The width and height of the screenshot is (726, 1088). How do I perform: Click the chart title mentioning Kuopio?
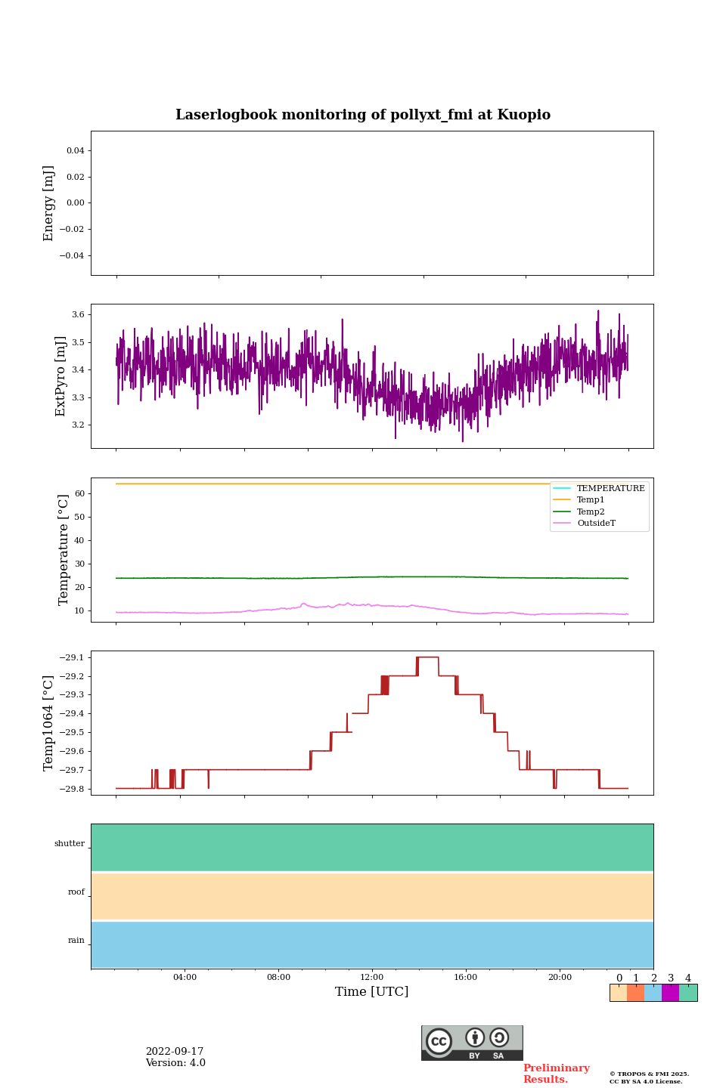click(363, 115)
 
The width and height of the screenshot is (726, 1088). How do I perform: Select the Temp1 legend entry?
click(591, 500)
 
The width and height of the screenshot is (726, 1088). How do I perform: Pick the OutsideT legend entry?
click(596, 524)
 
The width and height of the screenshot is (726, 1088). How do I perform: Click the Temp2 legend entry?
click(591, 512)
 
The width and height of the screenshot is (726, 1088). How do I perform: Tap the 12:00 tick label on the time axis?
click(372, 978)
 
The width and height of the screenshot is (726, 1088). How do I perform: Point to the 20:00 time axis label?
click(560, 978)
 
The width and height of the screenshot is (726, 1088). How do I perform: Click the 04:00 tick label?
click(185, 978)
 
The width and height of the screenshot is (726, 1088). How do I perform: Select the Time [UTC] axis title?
click(372, 991)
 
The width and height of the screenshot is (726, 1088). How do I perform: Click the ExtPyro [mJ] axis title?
click(61, 376)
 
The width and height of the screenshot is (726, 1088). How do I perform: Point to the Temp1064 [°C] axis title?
click(49, 723)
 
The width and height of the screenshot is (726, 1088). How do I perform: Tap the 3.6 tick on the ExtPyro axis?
click(78, 314)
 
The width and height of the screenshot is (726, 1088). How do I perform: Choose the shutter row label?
click(70, 844)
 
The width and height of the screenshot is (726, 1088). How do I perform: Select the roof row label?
click(76, 892)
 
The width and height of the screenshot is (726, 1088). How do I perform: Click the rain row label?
click(76, 941)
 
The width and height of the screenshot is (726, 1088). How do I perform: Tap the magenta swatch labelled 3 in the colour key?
click(670, 993)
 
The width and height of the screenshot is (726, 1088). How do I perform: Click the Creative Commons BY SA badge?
click(472, 1043)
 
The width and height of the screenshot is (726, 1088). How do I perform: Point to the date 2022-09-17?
click(175, 1052)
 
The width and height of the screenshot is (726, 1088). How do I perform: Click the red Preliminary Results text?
click(556, 1074)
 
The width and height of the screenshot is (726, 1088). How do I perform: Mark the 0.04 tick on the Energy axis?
click(75, 150)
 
